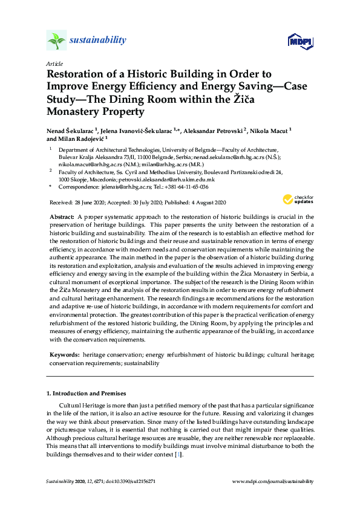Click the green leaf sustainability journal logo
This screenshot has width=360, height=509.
point(56,41)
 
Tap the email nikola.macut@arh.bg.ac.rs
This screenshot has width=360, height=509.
point(89,163)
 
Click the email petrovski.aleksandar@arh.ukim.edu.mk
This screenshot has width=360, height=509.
point(194,180)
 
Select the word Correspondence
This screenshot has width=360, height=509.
point(78,187)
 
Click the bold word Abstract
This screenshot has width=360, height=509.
point(61,216)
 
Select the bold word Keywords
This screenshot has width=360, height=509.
point(64,354)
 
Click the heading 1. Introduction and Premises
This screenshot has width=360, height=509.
point(82,394)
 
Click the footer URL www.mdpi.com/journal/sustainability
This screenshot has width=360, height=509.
point(273,481)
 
